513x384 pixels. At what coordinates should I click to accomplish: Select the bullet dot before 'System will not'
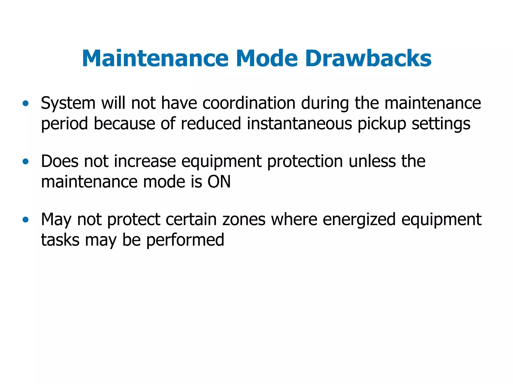point(25,103)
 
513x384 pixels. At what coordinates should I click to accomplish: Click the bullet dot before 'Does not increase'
point(25,161)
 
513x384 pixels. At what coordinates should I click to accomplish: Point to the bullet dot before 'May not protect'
point(25,220)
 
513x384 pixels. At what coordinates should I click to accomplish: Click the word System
point(68,103)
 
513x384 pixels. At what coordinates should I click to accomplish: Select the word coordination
point(249,103)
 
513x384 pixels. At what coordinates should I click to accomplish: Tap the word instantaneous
point(299,124)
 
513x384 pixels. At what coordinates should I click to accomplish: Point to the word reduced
point(211,124)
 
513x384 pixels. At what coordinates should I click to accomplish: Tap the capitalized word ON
point(219,182)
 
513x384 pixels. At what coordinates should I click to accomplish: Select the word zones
point(244,220)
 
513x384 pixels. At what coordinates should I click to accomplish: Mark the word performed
point(185,240)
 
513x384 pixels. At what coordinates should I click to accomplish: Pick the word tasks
point(60,240)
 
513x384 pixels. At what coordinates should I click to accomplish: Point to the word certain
point(192,220)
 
